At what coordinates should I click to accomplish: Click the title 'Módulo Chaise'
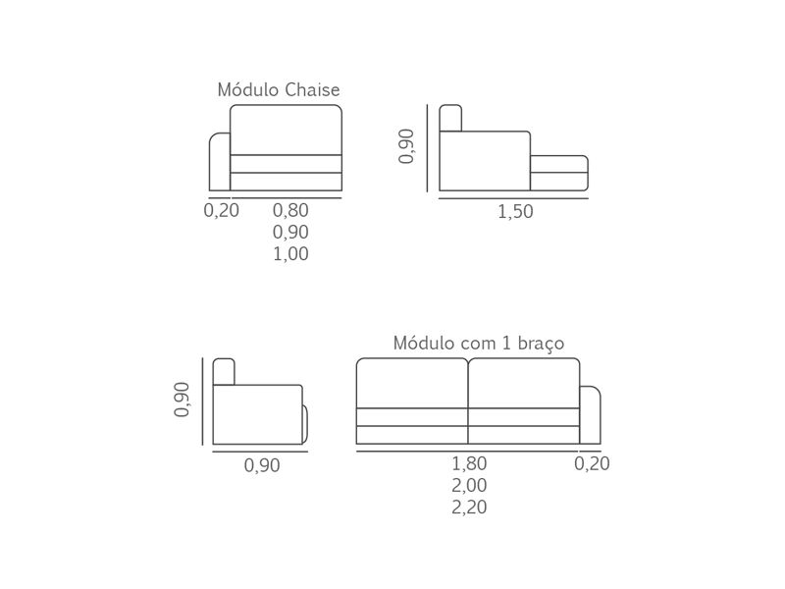tap(279, 89)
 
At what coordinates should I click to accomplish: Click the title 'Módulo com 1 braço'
tap(479, 343)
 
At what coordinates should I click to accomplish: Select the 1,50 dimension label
tap(515, 211)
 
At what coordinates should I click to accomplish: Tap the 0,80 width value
tap(290, 210)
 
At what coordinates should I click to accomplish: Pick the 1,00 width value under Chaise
tap(290, 254)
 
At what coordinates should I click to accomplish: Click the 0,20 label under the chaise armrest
tap(222, 210)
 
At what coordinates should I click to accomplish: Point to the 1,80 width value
tap(469, 463)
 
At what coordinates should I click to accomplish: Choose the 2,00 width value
tap(469, 485)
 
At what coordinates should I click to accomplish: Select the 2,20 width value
tap(469, 508)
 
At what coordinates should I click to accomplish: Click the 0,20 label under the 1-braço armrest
tap(592, 463)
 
